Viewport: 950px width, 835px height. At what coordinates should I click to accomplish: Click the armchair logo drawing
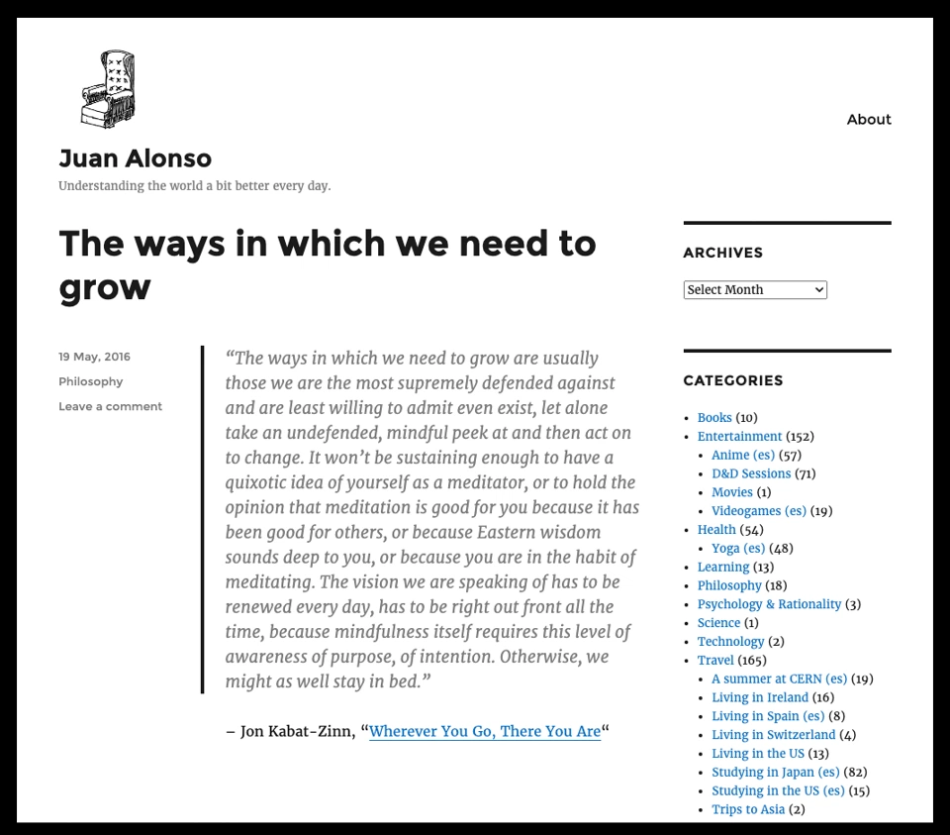108,88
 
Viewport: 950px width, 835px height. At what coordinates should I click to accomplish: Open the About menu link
869,119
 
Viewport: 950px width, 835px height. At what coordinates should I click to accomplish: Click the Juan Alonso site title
135,158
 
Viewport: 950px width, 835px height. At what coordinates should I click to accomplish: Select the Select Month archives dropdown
755,290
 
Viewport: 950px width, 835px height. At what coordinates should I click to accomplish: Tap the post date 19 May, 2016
94,357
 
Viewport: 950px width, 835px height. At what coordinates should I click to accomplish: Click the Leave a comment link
110,406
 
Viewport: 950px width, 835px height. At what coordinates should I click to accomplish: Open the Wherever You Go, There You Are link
484,731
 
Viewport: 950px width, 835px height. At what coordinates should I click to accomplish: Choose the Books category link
714,418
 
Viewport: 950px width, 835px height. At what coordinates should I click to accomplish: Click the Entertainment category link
739,437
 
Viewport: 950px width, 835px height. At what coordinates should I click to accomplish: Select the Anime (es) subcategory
742,456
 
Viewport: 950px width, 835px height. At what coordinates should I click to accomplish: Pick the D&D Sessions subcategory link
751,474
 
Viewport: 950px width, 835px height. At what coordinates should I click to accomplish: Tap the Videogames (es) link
758,511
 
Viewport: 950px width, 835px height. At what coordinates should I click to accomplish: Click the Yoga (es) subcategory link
738,549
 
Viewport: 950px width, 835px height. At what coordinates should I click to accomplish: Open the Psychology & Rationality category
769,604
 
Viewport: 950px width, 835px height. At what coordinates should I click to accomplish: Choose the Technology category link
730,642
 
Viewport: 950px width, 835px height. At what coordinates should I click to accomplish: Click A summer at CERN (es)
779,679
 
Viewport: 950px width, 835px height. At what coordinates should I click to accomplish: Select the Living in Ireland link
759,698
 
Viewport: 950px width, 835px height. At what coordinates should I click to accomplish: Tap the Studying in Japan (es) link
775,773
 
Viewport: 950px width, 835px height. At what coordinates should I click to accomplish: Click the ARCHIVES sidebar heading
722,253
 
